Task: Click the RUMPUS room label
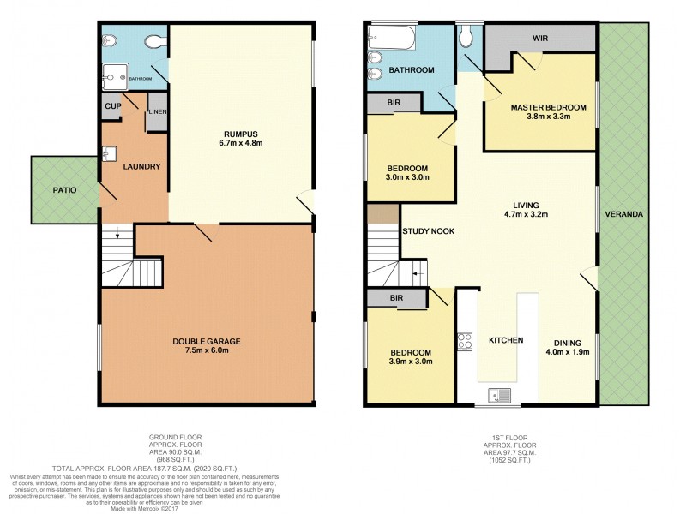click(241, 133)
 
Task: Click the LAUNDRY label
click(142, 166)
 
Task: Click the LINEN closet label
click(157, 112)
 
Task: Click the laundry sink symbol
click(109, 154)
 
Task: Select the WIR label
click(540, 38)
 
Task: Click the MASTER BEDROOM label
click(548, 107)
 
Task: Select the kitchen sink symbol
click(498, 396)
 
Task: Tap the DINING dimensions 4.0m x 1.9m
click(568, 350)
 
